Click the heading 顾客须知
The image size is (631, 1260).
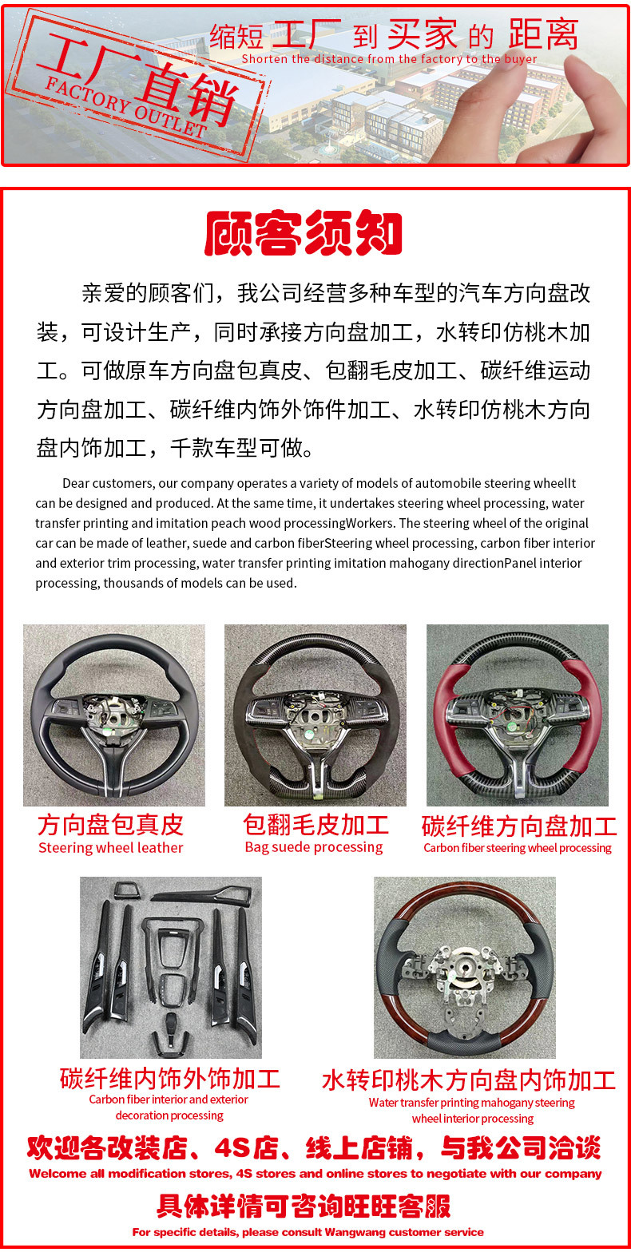click(303, 233)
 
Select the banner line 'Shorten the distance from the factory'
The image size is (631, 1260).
click(389, 59)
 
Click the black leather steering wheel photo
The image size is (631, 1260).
click(114, 715)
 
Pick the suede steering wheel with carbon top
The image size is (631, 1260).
click(315, 715)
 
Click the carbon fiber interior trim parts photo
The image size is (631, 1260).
click(171, 967)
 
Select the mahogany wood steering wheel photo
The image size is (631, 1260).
click(464, 967)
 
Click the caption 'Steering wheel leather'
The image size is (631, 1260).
click(111, 848)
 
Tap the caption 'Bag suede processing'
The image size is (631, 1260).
click(314, 847)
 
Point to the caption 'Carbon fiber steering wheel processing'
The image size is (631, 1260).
click(518, 848)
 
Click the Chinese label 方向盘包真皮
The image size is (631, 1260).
click(111, 825)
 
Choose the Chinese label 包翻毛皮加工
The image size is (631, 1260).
click(315, 824)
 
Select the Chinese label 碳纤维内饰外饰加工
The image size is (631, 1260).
click(170, 1079)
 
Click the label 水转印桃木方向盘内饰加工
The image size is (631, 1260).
click(469, 1080)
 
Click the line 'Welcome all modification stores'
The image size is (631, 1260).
click(315, 1174)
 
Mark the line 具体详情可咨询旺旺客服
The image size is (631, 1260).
click(304, 1206)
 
